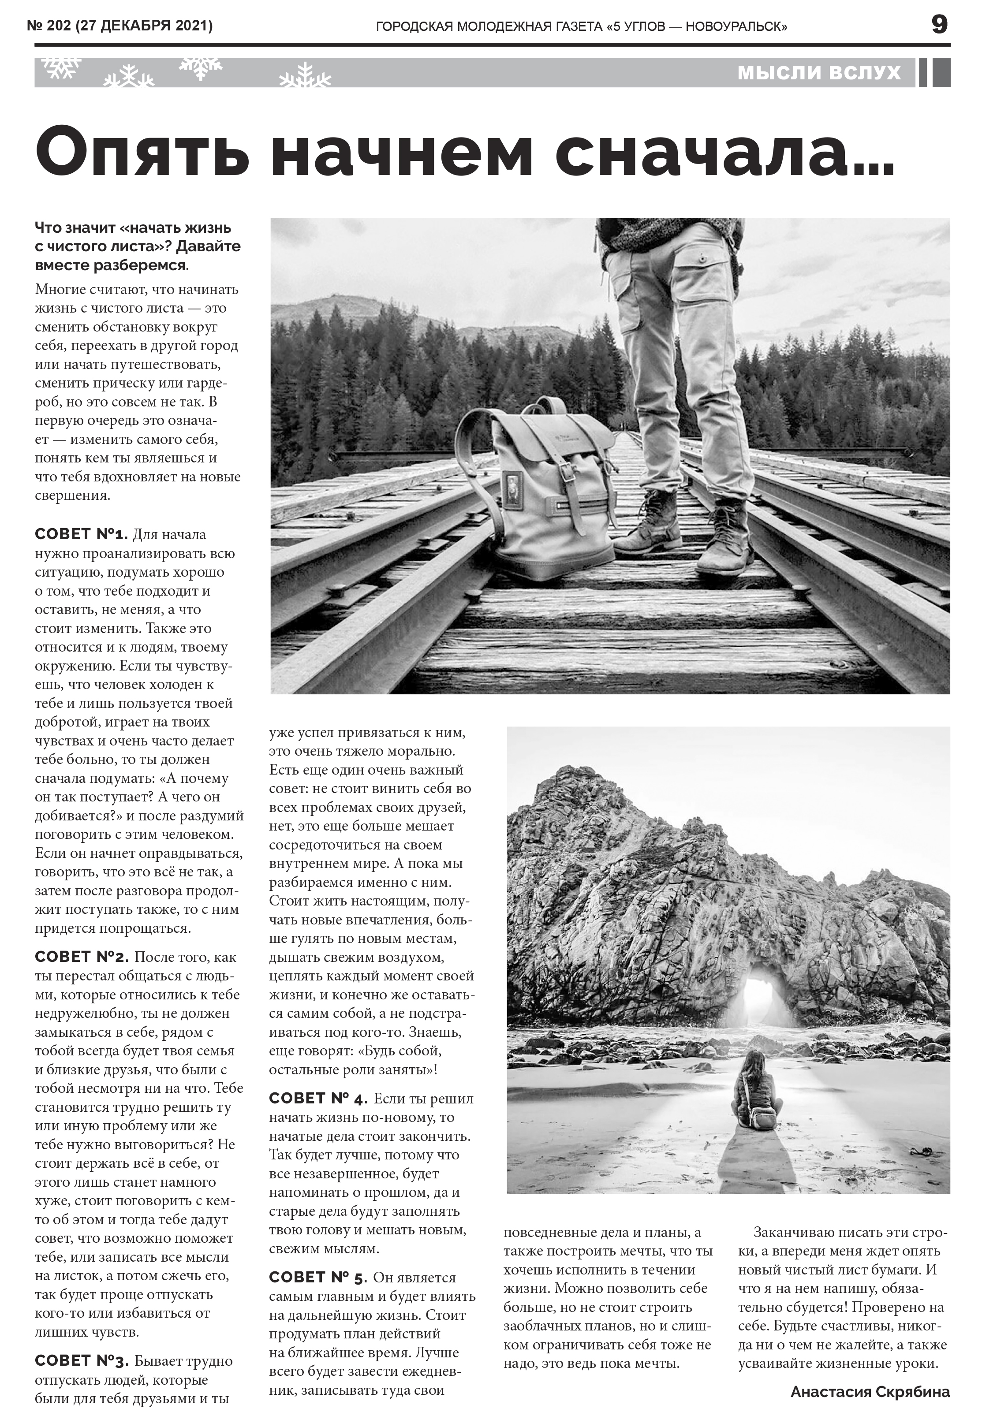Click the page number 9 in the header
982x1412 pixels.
click(939, 25)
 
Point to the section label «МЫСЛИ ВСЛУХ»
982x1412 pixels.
click(819, 73)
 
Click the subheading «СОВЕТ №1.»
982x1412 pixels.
click(81, 534)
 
